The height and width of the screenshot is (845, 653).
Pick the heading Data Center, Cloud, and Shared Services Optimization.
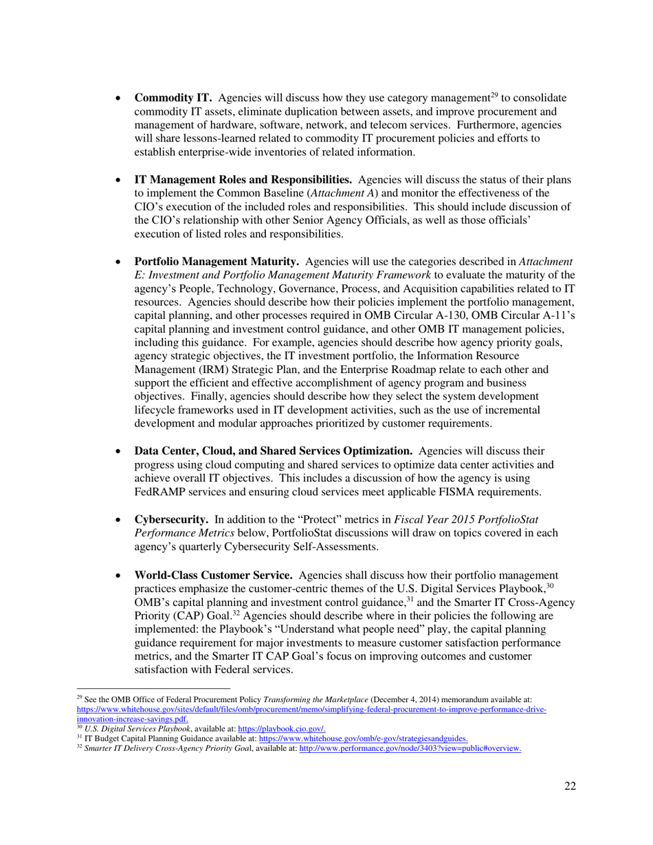tap(273, 451)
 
